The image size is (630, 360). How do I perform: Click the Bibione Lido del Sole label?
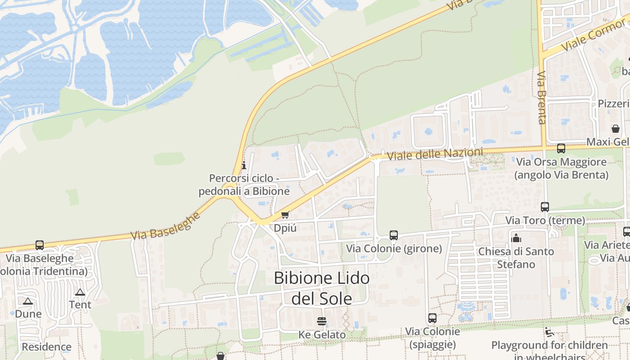coord(322,288)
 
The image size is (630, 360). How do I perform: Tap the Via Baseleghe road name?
coord(165,226)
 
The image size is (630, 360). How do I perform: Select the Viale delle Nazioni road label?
coord(435,154)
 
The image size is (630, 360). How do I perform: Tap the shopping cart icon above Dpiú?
coord(285,215)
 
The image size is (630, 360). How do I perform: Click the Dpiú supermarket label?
coord(285,228)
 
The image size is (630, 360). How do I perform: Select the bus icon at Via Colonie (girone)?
coord(394,235)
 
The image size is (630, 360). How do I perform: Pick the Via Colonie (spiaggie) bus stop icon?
coord(432,318)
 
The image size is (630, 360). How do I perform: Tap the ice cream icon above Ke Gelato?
coord(322,321)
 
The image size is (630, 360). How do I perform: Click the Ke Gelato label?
coord(322,335)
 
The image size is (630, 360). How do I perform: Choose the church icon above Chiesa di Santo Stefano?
coord(516,238)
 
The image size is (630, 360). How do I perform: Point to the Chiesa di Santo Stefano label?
coord(516,258)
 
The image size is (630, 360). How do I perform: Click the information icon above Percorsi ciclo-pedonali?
coord(244,165)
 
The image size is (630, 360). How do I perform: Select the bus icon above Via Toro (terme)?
coord(545,207)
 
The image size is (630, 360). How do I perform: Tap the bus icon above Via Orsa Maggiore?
coord(561,148)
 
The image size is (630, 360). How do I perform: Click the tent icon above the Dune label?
coord(28,301)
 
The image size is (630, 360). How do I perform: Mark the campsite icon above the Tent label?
coord(80,292)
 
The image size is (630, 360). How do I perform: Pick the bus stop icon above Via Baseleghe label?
coord(40,245)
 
